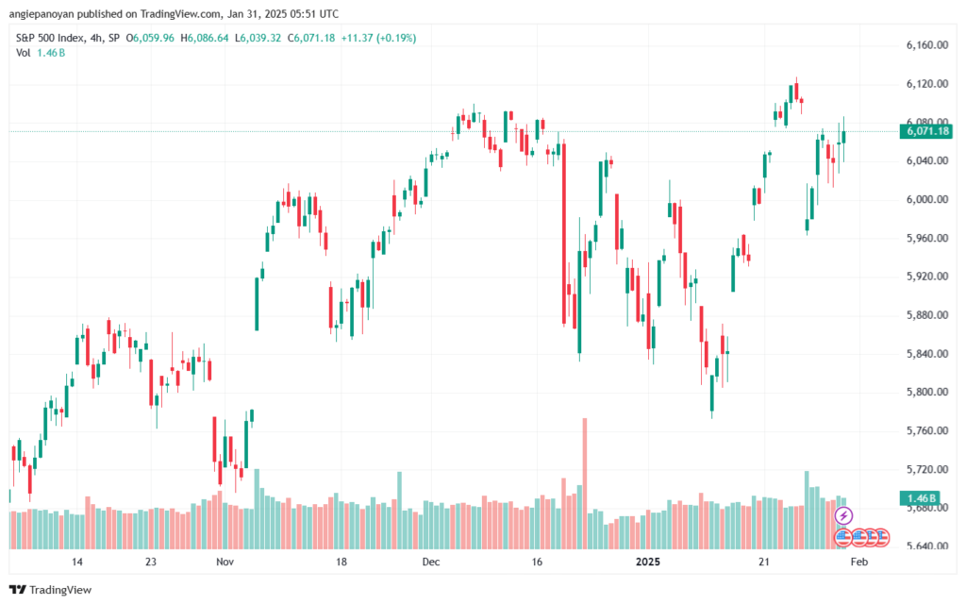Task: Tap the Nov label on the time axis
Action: (x=224, y=562)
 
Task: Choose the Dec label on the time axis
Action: (x=431, y=562)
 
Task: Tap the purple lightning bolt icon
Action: (x=844, y=515)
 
